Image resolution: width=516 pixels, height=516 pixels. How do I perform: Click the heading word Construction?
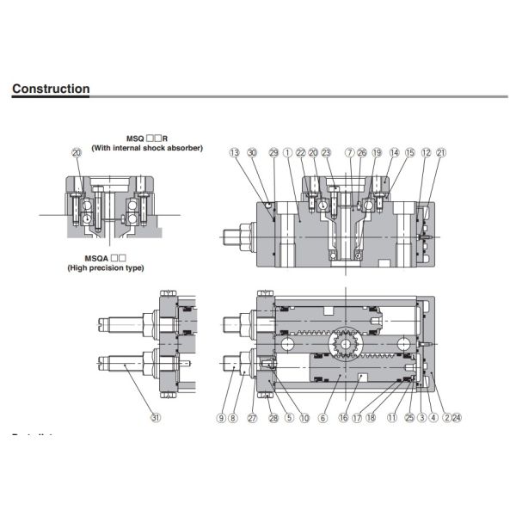(x=51, y=89)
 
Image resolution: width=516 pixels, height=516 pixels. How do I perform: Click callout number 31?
(x=155, y=419)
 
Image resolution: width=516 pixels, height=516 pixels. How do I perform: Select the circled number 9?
(x=221, y=419)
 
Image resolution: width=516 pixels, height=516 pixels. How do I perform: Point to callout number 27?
(x=252, y=419)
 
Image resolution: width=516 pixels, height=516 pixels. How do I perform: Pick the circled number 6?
(x=323, y=419)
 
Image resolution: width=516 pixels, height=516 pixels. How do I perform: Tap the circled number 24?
(x=457, y=419)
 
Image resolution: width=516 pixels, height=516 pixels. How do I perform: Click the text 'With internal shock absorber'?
(x=148, y=148)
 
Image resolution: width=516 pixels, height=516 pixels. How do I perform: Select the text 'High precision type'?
(x=106, y=268)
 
